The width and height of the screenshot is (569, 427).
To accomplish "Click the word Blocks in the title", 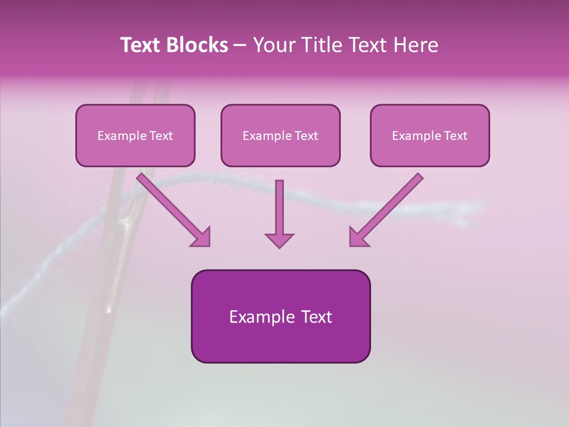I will point(198,45).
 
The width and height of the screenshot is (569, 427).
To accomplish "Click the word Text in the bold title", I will point(142,45).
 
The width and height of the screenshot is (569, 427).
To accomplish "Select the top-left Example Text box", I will point(135,135).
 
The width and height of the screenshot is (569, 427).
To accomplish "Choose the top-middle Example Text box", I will point(280,135).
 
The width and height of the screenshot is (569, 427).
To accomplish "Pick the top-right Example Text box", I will point(430,135).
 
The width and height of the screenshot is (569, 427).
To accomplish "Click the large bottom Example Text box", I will point(280,316).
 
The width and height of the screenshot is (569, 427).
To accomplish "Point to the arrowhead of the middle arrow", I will point(279,240).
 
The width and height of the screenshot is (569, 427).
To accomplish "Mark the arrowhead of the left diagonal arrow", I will point(202,237).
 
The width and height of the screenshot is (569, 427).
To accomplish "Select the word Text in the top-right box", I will point(456,136).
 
